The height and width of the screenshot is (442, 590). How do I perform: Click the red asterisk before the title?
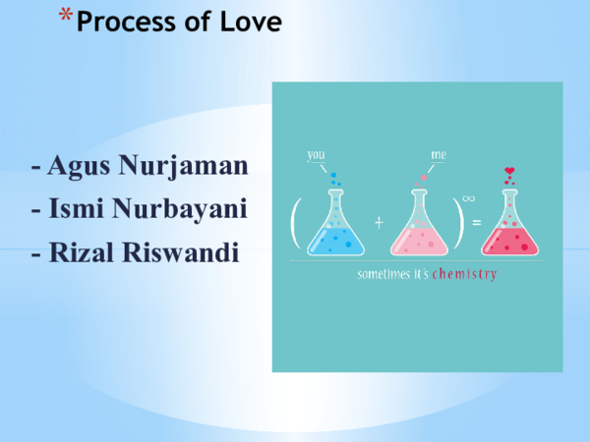click(x=65, y=18)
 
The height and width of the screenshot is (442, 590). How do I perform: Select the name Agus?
click(x=79, y=167)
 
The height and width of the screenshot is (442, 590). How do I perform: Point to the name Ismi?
click(x=78, y=209)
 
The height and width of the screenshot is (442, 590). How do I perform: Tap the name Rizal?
click(x=83, y=251)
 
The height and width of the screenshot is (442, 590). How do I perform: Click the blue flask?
click(x=332, y=225)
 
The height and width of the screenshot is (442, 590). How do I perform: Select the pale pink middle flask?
click(x=420, y=226)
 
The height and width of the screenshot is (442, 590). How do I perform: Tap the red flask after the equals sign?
click(x=509, y=226)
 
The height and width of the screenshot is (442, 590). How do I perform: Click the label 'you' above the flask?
click(x=316, y=154)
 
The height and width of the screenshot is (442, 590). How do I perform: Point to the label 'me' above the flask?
click(x=439, y=155)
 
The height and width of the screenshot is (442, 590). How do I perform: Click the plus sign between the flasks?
click(x=379, y=223)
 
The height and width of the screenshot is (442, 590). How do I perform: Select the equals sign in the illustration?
click(x=476, y=223)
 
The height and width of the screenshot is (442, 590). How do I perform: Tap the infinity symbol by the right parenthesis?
click(x=468, y=197)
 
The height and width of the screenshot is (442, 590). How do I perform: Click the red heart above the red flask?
click(x=509, y=172)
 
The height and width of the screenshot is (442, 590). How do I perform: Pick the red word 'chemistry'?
click(x=464, y=274)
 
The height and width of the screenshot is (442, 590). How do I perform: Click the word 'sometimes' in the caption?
click(x=380, y=274)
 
